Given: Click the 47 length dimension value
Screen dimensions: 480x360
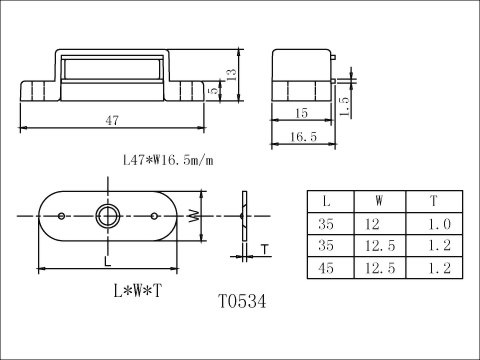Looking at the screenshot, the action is [x=112, y=121].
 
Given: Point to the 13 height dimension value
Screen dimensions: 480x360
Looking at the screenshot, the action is [x=231, y=74].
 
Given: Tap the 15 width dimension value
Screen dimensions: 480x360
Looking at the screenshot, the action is [x=301, y=113].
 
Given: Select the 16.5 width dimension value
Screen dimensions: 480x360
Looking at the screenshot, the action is [x=303, y=137].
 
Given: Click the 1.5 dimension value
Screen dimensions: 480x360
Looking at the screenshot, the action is [x=344, y=107].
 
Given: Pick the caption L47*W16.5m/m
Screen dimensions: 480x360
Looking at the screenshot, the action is [x=168, y=160].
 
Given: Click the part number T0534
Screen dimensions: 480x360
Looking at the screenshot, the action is [x=242, y=301].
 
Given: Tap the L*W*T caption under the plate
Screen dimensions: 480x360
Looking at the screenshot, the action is [x=138, y=291].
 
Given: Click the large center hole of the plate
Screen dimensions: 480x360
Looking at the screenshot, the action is [x=108, y=216].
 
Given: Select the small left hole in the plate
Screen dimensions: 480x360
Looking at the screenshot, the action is [x=61, y=216].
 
